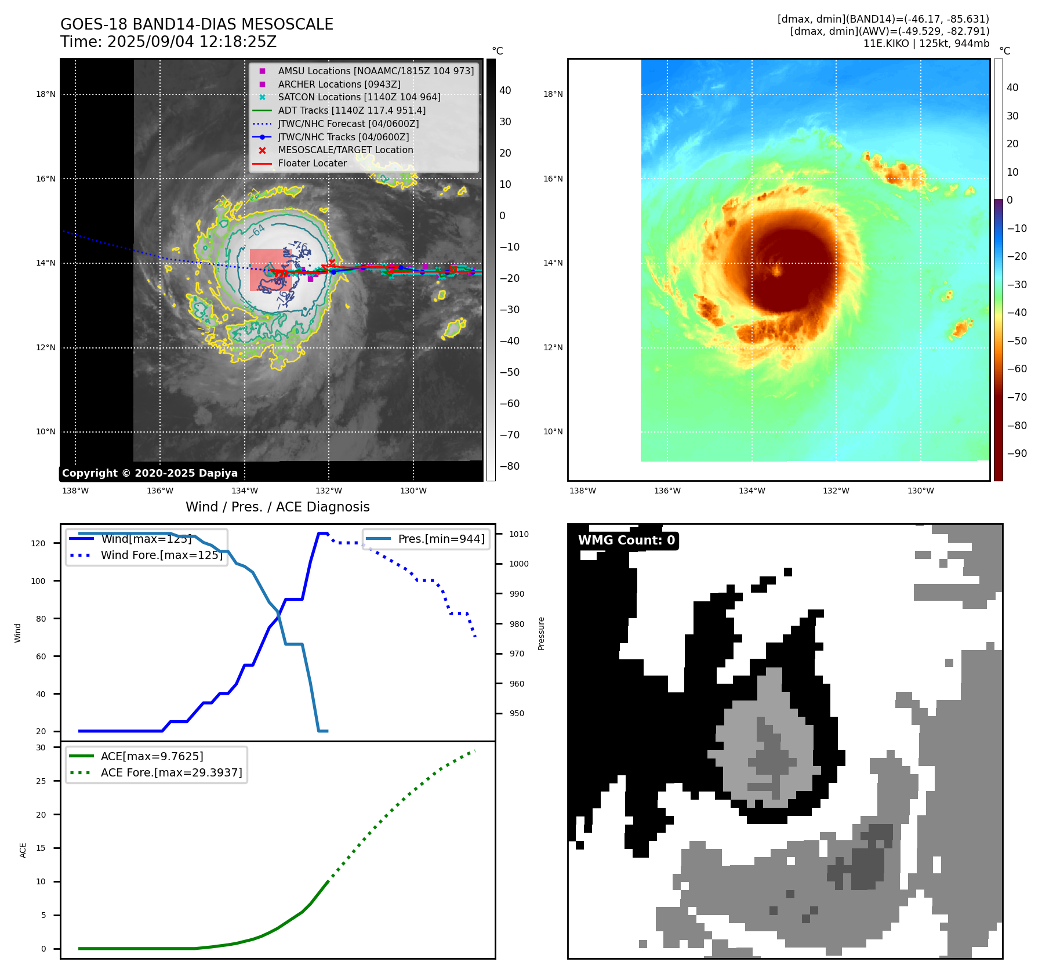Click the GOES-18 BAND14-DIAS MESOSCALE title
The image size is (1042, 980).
[197, 24]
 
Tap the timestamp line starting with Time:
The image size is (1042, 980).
[168, 42]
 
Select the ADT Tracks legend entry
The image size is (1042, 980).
[351, 110]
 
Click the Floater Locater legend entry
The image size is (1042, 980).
[312, 163]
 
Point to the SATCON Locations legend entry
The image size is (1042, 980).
[359, 97]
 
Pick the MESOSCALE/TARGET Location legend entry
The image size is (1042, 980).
[345, 150]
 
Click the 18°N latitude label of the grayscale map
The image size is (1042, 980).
[46, 94]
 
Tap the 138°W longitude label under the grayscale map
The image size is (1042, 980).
[75, 491]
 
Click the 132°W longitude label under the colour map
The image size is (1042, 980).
[836, 491]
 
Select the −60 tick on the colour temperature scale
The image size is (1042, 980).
[1016, 369]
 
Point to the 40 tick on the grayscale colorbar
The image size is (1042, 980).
[505, 90]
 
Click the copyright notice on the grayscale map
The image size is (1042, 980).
[150, 473]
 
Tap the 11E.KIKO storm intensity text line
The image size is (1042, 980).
[926, 43]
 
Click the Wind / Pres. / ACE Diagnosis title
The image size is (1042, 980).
[277, 507]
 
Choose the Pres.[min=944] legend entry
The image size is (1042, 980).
[441, 539]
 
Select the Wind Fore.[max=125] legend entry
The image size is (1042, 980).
[161, 555]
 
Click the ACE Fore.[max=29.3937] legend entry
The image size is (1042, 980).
[171, 772]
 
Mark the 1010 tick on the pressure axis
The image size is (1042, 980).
[519, 534]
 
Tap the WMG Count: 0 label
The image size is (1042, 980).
[626, 540]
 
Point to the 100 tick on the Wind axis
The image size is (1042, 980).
[38, 581]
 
